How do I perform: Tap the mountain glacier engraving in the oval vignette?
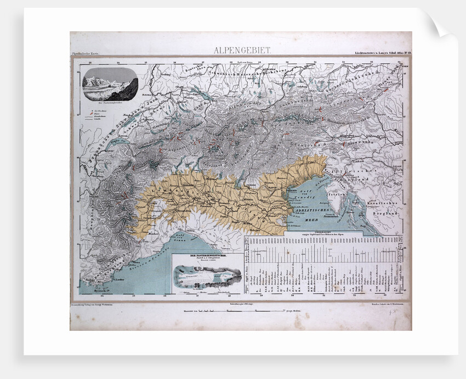110,84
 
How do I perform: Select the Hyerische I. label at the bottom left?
94,289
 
